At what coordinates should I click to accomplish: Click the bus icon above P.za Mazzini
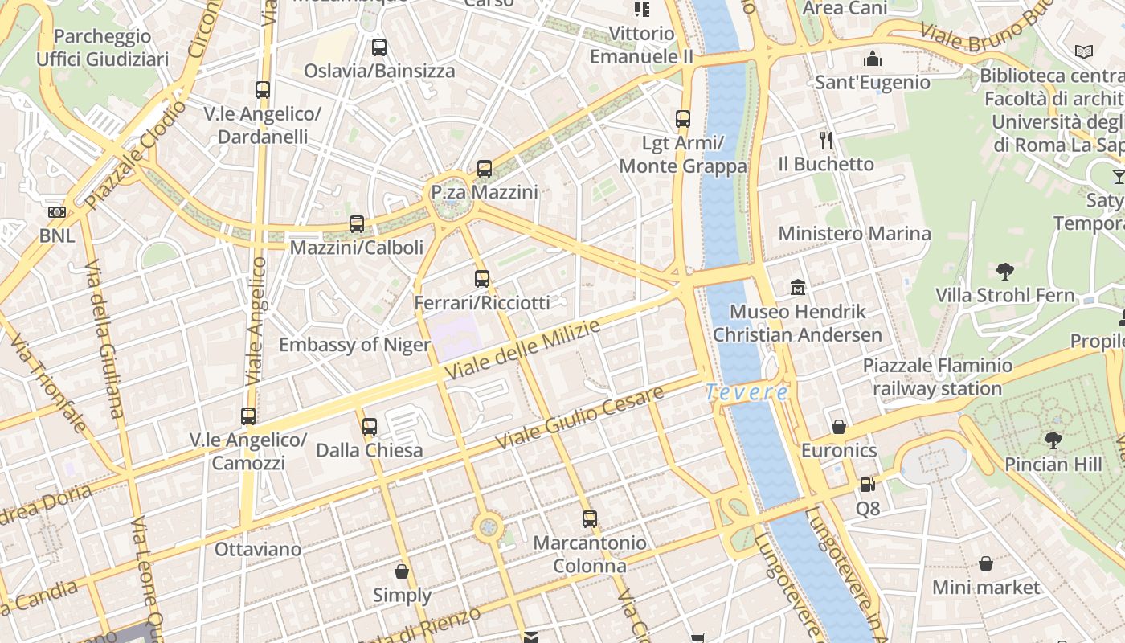pos(484,169)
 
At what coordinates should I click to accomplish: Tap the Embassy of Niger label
pos(354,345)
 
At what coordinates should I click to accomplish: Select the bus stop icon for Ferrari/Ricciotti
pos(482,279)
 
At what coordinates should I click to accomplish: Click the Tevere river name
pos(747,392)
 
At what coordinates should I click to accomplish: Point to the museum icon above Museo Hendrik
pos(798,287)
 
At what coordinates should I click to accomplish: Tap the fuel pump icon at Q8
pos(867,485)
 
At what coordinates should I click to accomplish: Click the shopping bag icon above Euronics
pos(839,427)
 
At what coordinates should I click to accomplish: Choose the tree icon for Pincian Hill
pos(1053,440)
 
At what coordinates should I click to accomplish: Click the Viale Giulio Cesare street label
pos(580,417)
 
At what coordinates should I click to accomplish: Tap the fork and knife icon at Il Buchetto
pos(826,141)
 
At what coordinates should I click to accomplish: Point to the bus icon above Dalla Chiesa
pos(370,426)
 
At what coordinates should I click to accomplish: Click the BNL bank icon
pos(57,212)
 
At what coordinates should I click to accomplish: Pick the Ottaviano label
pos(258,550)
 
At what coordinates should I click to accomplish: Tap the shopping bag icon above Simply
pos(402,571)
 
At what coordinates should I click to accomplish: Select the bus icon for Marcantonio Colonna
pos(590,519)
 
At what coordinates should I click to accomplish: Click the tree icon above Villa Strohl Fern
pos(1004,271)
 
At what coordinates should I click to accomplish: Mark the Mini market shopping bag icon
pos(986,563)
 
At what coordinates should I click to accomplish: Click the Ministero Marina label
pos(854,234)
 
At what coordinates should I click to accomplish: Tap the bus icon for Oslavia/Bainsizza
pos(379,47)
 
